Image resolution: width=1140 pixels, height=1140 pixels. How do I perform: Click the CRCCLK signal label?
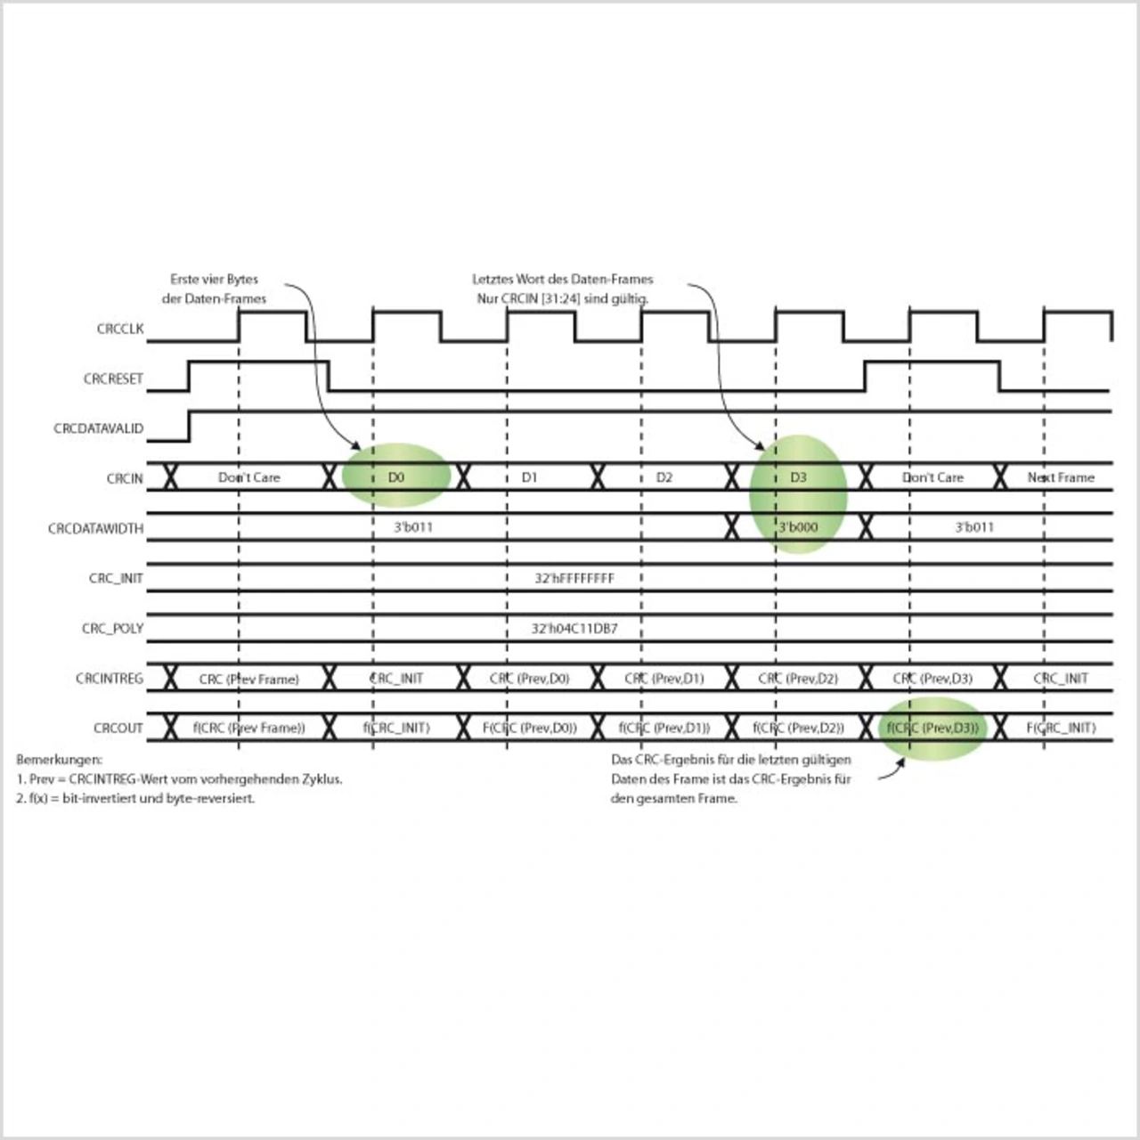[x=120, y=329]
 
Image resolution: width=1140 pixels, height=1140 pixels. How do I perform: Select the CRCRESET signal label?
[x=113, y=379]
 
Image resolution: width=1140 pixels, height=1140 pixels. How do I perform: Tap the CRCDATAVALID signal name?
[x=98, y=428]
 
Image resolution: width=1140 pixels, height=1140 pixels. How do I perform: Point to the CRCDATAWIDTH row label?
[x=95, y=528]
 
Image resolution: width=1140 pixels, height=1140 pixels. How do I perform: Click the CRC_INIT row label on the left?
[x=116, y=578]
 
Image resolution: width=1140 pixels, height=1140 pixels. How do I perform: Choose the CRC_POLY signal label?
[x=112, y=628]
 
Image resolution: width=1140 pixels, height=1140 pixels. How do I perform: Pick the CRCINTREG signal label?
[x=109, y=678]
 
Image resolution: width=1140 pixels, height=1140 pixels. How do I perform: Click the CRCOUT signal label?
[x=118, y=728]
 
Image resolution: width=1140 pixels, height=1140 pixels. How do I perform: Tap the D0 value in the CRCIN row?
[x=396, y=477]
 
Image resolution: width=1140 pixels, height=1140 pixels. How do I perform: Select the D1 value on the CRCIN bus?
[x=530, y=477]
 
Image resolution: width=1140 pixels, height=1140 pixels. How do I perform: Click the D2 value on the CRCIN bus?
[x=664, y=477]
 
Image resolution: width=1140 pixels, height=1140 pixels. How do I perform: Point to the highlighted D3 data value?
[x=798, y=477]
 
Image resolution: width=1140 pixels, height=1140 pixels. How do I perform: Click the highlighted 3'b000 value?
[x=798, y=527]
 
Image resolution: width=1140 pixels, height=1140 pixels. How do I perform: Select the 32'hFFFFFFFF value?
[x=574, y=578]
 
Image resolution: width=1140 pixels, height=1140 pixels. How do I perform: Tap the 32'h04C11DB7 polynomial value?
[x=574, y=628]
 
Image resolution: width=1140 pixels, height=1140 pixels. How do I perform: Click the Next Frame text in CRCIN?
[x=1061, y=477]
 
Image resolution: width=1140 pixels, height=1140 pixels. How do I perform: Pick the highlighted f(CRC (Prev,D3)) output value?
[x=932, y=728]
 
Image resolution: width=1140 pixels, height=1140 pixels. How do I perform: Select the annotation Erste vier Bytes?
[x=214, y=279]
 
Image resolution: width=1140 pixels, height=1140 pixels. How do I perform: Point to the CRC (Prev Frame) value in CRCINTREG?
[x=248, y=679]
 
